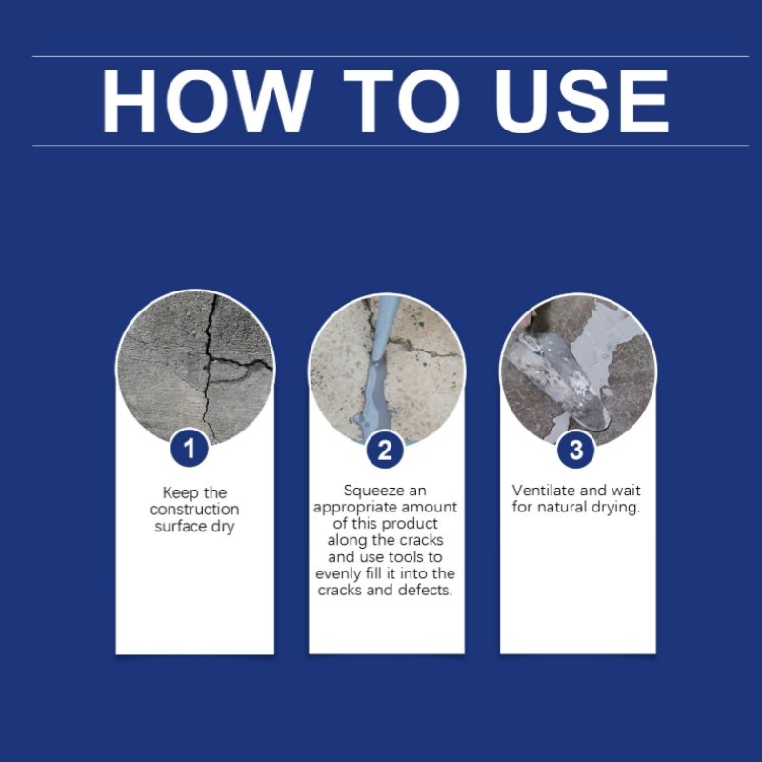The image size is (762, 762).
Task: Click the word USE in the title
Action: [x=581, y=101]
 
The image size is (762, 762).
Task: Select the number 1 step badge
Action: [x=190, y=449]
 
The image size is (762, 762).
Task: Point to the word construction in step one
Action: [x=194, y=510]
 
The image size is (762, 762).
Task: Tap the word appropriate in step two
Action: [x=357, y=508]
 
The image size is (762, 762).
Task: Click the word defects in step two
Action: [x=423, y=591]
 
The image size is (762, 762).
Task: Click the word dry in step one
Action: [x=223, y=527]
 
